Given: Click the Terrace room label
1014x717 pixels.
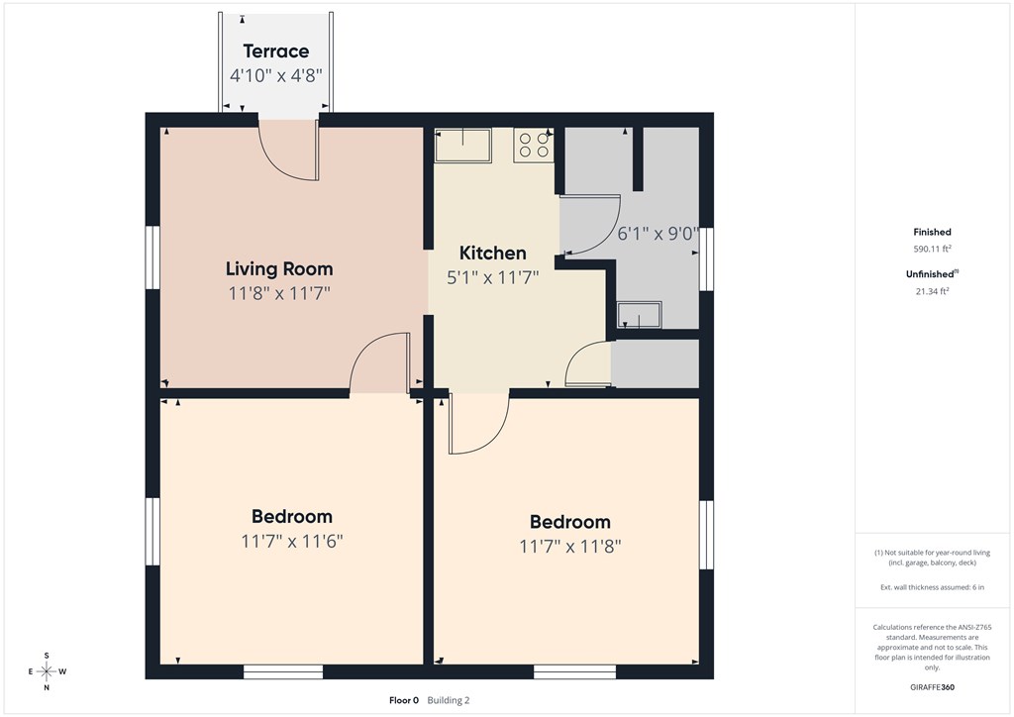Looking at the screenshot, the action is [x=276, y=51].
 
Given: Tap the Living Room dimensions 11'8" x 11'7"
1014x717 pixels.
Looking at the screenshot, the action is [x=279, y=293].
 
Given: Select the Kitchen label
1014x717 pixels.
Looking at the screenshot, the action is [x=493, y=253].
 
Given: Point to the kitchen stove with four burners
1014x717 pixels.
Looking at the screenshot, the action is [x=534, y=146].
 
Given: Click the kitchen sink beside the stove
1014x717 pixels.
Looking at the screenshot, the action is [x=463, y=145].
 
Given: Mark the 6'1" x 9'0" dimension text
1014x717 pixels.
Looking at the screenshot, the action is [x=658, y=233].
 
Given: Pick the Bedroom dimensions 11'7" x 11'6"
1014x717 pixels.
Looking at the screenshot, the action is [x=292, y=541].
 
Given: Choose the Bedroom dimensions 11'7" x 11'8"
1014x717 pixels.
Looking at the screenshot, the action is [x=569, y=547].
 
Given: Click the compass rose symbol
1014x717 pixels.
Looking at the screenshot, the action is [x=47, y=671].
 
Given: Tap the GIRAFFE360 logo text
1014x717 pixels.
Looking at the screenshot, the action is [x=932, y=687].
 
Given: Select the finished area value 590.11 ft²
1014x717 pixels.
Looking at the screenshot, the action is [x=932, y=249].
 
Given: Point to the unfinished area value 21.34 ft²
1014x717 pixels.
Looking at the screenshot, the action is [x=932, y=291].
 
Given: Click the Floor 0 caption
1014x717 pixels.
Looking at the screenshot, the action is [x=404, y=700].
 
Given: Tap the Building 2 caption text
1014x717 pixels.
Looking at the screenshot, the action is [x=449, y=700].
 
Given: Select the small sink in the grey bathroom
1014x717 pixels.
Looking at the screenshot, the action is [x=639, y=315].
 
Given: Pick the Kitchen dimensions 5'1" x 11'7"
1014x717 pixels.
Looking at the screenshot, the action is [x=493, y=278].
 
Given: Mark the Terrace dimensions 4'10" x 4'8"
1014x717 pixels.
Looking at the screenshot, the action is [x=276, y=75].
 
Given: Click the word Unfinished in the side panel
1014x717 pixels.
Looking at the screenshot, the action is [x=929, y=274].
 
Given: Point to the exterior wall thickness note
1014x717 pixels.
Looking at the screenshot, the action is [x=932, y=587].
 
